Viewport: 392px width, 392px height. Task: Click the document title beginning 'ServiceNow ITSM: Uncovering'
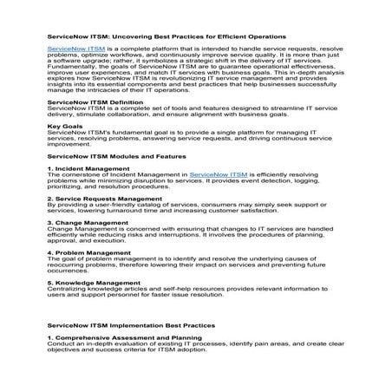[x=166, y=37]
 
